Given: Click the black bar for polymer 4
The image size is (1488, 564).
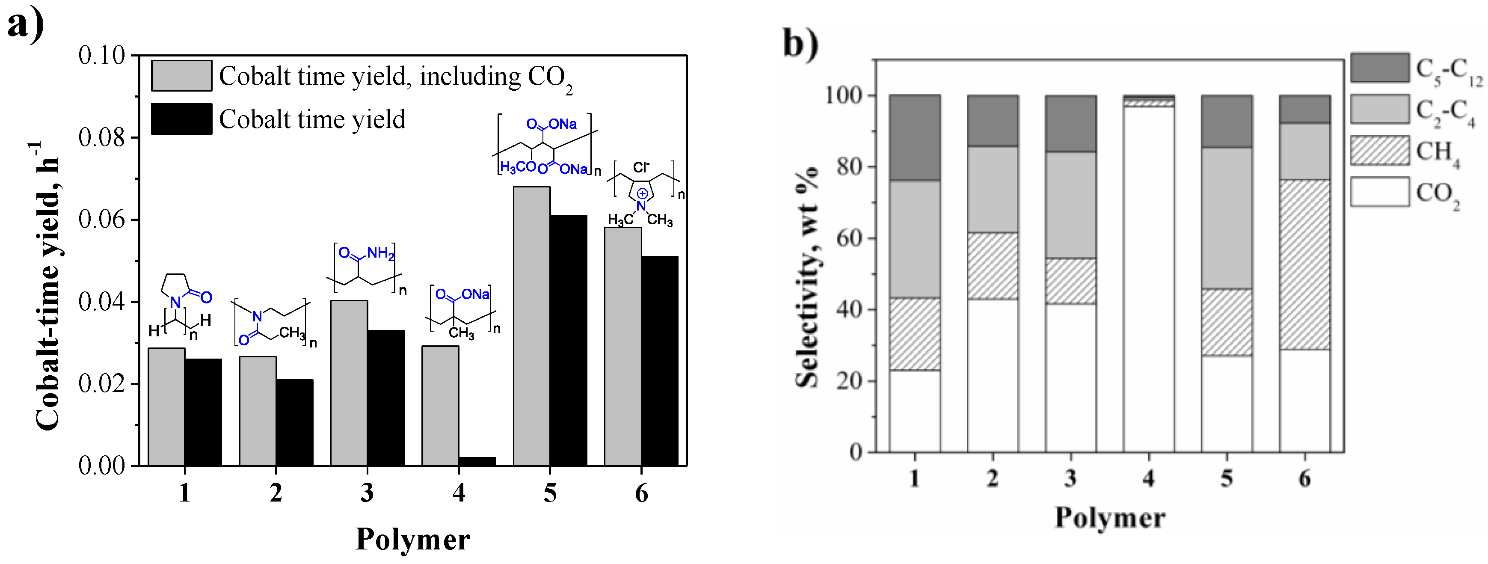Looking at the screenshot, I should point(477,461).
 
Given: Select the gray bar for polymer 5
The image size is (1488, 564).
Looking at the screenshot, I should point(531,327).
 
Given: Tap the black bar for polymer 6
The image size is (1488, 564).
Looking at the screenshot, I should point(660,361).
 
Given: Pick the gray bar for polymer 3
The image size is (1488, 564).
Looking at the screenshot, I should point(349,383).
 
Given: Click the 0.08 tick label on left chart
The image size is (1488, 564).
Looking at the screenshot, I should point(102,137).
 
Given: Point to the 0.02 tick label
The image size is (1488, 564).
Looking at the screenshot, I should point(102,384).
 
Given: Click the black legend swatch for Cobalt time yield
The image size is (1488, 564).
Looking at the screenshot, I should point(181,119).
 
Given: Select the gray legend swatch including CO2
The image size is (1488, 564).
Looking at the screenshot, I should point(181,76).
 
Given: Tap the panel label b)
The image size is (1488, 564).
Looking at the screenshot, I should point(800,43).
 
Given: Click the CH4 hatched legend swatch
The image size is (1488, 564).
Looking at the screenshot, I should point(1379,151).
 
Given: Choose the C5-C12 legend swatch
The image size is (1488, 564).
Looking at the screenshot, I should point(1379,68).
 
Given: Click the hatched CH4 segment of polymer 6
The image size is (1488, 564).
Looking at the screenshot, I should point(1304,264).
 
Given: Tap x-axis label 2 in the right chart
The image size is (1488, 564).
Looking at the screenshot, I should point(993,478).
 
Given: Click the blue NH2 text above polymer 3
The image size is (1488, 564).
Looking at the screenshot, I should point(381,252).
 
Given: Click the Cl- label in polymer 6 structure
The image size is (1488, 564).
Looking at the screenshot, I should point(640,168).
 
